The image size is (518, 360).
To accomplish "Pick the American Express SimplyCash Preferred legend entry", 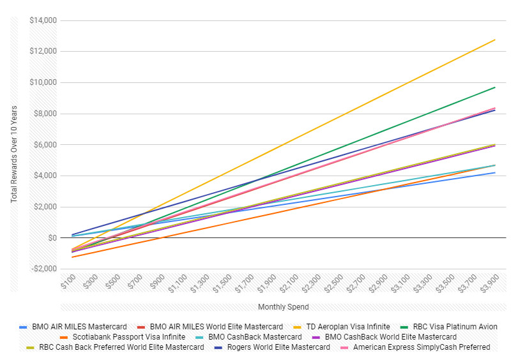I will point(422,347).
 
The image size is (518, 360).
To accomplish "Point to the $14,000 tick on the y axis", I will point(43,20).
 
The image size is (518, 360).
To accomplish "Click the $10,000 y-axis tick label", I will point(43,83).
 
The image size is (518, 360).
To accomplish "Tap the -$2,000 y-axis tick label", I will point(43,269).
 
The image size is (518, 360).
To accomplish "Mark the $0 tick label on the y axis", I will point(52,238).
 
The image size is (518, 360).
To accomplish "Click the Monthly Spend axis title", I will point(283,307).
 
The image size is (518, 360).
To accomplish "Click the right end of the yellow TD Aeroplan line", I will point(495,40).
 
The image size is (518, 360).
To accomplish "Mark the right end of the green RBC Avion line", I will point(495,87).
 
